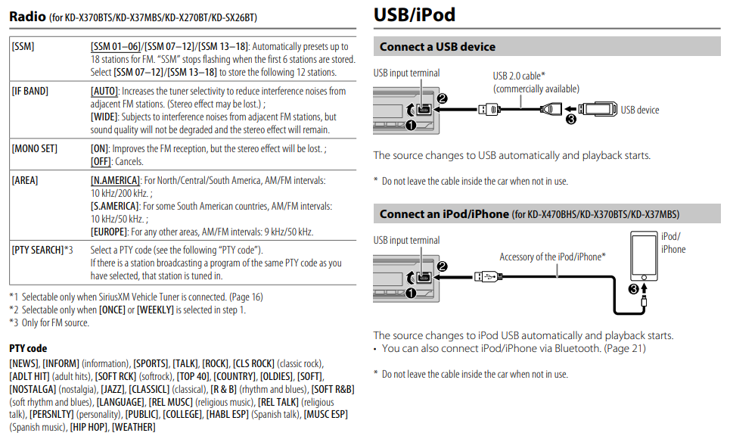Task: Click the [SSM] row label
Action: tap(23, 47)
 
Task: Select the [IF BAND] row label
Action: tap(30, 91)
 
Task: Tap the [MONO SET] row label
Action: tap(34, 148)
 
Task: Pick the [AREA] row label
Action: tap(25, 181)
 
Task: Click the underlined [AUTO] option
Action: tap(104, 91)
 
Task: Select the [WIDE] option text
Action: tap(104, 117)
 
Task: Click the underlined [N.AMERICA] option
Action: tap(115, 181)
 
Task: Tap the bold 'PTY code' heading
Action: tap(28, 349)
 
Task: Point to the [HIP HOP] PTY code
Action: tap(89, 428)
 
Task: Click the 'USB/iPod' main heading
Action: tap(415, 14)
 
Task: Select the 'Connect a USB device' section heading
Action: tap(437, 47)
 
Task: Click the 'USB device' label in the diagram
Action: tap(640, 110)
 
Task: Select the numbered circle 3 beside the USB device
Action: tap(571, 119)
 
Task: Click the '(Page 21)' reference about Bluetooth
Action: tap(624, 348)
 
